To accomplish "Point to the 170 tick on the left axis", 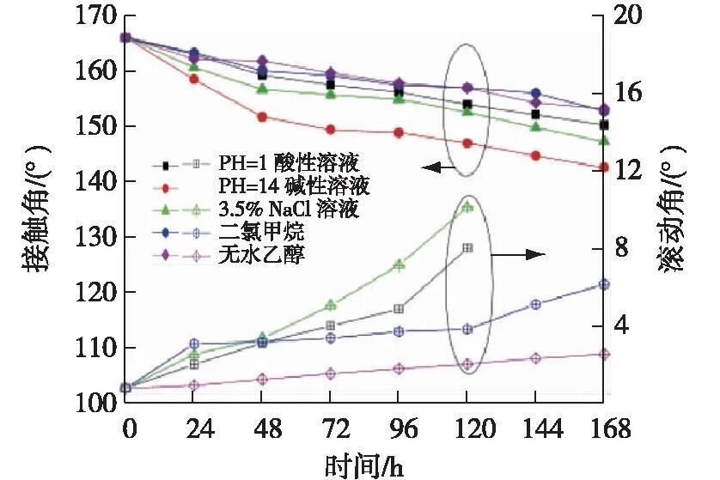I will [97, 15].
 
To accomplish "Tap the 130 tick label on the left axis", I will [97, 238].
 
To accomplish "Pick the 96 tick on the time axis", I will [399, 428].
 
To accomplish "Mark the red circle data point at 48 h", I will [262, 117].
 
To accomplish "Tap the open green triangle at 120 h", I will [467, 207].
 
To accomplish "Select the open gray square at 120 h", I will [467, 248].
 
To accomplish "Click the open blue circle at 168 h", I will [604, 284].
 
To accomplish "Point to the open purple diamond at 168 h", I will [604, 354].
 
